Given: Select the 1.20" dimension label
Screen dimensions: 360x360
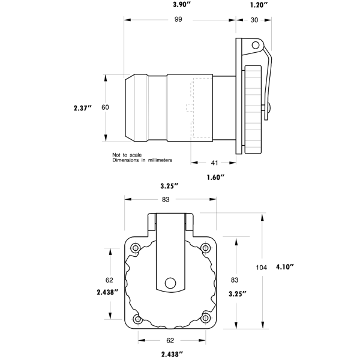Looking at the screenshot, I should (259, 5).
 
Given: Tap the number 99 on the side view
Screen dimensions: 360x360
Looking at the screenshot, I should (179, 20).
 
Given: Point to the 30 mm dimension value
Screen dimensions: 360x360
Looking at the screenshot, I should (254, 20).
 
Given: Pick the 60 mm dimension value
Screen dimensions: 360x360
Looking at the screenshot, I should (106, 107).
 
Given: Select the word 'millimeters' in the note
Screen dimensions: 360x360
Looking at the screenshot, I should (157, 160).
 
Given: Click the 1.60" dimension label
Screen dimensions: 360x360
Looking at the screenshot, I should (215, 177).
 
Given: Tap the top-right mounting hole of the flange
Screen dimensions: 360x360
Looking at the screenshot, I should (206, 247).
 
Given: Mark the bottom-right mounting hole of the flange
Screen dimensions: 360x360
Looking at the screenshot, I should (206, 319).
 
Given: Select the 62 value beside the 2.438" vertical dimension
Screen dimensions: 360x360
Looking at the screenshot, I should (110, 280).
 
